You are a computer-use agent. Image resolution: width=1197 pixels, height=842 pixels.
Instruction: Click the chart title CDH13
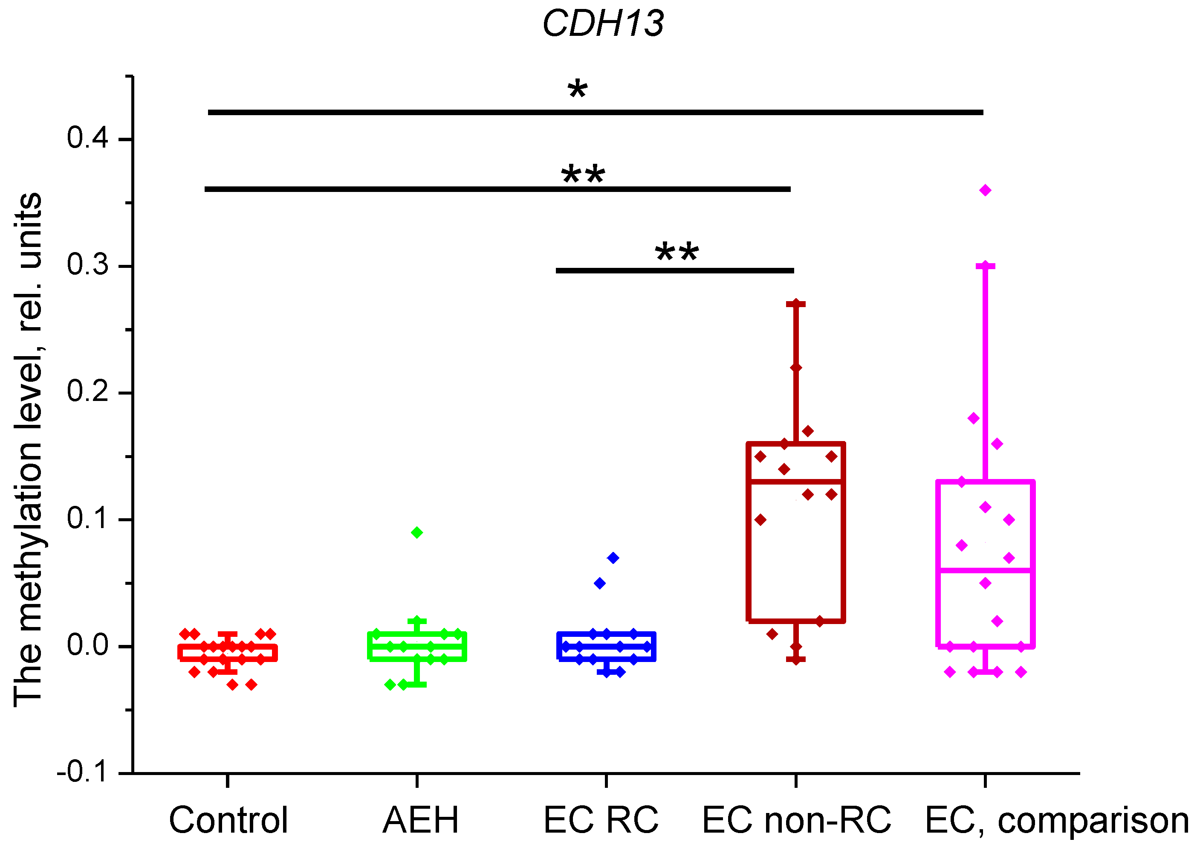tap(603, 24)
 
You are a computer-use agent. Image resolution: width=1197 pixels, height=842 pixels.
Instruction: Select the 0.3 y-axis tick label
tap(87, 264)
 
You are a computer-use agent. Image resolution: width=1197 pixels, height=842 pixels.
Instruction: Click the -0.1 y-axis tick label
tap(82, 772)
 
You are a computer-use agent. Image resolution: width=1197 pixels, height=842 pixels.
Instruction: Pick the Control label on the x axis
tap(228, 820)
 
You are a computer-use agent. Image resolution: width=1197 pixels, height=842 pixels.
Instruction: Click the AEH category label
tap(420, 820)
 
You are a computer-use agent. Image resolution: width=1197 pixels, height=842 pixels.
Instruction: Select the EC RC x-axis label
tap(601, 820)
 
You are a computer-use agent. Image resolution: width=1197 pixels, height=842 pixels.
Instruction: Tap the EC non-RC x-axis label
tap(797, 820)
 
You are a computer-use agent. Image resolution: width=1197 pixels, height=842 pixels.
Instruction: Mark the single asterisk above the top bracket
tap(577, 90)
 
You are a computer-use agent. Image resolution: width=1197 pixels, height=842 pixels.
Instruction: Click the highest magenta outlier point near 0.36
tap(985, 190)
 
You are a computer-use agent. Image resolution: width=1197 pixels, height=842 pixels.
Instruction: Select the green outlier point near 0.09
tap(416, 533)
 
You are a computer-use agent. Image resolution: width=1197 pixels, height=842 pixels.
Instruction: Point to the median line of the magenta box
tap(985, 570)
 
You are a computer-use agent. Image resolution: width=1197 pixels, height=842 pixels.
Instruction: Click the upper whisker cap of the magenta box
tap(985, 266)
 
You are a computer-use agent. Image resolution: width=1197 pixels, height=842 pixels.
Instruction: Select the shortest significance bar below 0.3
tap(675, 270)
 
